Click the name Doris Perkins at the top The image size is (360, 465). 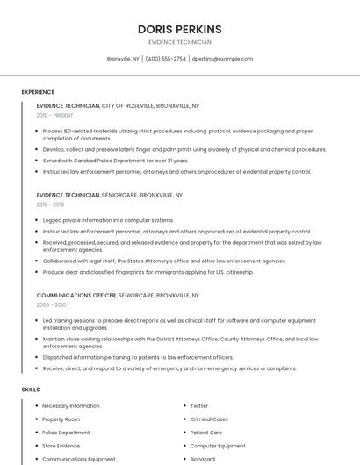click(x=179, y=29)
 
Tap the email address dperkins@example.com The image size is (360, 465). click(x=222, y=59)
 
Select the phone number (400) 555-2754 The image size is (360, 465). click(x=166, y=59)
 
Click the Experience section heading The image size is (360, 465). click(x=38, y=92)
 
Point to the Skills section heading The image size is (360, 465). click(x=31, y=389)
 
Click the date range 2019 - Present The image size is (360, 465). click(x=55, y=115)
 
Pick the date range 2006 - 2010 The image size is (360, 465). click(x=50, y=305)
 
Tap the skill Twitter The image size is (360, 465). click(x=199, y=406)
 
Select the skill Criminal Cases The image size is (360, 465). click(x=209, y=419)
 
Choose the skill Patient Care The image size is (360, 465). click(x=206, y=433)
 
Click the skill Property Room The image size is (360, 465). click(x=61, y=419)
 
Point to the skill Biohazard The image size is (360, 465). click(x=203, y=459)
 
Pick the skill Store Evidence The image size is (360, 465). click(x=61, y=446)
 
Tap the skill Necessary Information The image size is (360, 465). click(x=70, y=406)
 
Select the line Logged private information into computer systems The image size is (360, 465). click(x=108, y=220)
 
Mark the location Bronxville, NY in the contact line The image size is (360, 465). click(x=123, y=59)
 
